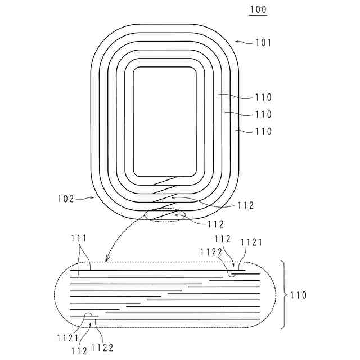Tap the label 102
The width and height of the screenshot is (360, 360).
[66, 199]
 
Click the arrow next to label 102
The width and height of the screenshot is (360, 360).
[85, 198]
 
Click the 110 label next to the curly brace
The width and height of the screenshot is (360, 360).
[299, 295]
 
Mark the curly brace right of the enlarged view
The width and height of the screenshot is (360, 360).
[284, 294]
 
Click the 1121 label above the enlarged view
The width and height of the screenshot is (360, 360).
[251, 242]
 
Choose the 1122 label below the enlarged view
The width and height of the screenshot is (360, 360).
[103, 348]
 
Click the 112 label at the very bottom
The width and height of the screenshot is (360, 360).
[79, 351]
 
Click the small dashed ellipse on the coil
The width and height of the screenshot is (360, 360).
[165, 215]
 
